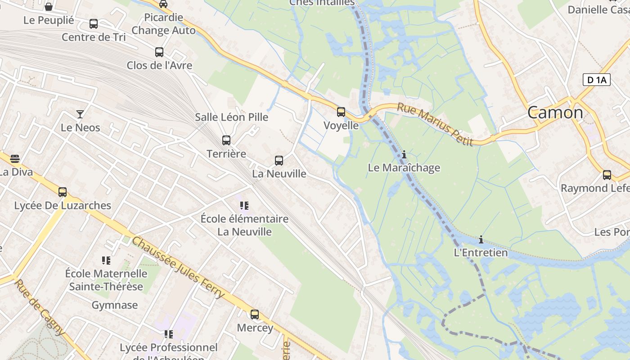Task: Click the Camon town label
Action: coord(555,112)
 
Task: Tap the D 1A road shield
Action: coord(597,80)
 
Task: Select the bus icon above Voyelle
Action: coord(341,112)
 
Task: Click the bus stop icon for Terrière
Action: coord(226,140)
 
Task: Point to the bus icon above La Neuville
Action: coord(279,160)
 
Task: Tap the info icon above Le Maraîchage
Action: coord(404,154)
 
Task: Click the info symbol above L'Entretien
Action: coord(481,239)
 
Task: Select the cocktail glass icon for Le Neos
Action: coord(80,114)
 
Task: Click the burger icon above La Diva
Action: coord(15,158)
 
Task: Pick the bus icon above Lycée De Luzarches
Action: coord(63,192)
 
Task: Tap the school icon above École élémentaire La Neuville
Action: coord(244,206)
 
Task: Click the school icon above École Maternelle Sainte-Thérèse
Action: coord(106,260)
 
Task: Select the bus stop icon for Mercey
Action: coord(255,314)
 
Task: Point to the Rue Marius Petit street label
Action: coord(435,125)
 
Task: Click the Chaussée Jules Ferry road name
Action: coord(178,267)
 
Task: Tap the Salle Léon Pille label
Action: coord(231,117)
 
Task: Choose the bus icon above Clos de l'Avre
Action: coord(159,52)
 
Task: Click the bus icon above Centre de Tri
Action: coord(94,24)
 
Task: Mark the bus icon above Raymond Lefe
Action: coord(607,175)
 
